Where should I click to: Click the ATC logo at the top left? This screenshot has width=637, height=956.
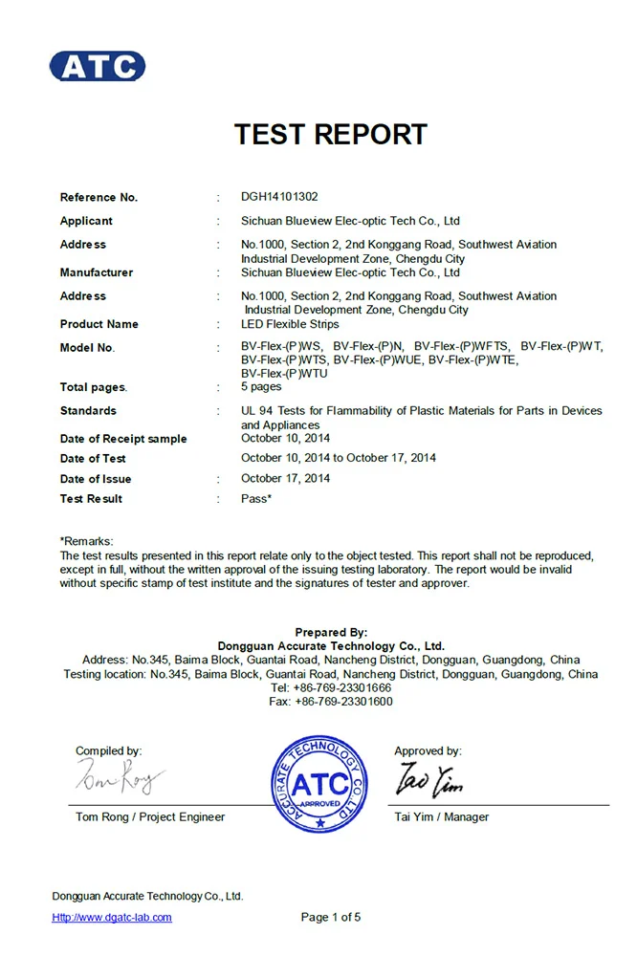point(98,66)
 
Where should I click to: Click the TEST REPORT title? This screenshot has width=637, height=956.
point(331,134)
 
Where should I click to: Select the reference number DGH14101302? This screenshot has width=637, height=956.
point(279,197)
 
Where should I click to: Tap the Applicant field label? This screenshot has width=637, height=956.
point(86,221)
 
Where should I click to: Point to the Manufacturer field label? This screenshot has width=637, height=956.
point(97,272)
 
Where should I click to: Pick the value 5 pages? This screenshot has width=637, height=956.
point(261,387)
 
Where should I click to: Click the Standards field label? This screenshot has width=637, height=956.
point(88,410)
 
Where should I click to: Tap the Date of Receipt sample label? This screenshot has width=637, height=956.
point(123,439)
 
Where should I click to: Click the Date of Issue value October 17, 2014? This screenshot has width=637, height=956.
point(286,478)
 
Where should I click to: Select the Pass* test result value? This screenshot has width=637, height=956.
point(256,498)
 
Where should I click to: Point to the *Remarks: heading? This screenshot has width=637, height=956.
point(87,541)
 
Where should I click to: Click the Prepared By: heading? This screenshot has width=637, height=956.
point(331,632)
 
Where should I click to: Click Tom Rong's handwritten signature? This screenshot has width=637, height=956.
point(120,779)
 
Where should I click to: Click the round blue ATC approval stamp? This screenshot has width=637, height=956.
point(318,783)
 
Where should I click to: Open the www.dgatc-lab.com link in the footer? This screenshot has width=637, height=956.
point(112,917)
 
